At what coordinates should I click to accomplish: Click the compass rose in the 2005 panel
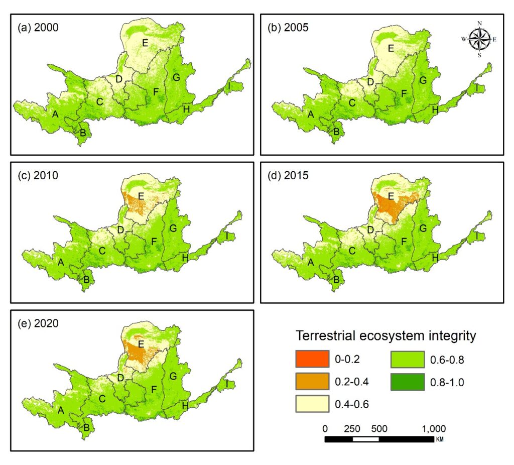pyautogui.click(x=479, y=39)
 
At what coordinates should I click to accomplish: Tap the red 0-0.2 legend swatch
pyautogui.click(x=312, y=359)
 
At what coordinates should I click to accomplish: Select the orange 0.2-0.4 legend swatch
pyautogui.click(x=312, y=381)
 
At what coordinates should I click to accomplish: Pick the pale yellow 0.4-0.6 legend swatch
pyautogui.click(x=312, y=404)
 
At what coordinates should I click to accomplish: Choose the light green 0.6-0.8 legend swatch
pyautogui.click(x=408, y=360)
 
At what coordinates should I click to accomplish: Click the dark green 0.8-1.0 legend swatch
pyautogui.click(x=408, y=382)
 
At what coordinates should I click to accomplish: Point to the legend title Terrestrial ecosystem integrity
pyautogui.click(x=386, y=336)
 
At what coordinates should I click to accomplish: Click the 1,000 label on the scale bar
pyautogui.click(x=434, y=429)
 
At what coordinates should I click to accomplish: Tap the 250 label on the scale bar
pyautogui.click(x=352, y=429)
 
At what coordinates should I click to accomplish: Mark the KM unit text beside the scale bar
pyautogui.click(x=440, y=439)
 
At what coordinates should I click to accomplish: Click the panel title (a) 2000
pyautogui.click(x=38, y=27)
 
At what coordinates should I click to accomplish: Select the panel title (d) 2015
pyautogui.click(x=288, y=175)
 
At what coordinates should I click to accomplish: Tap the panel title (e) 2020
pyautogui.click(x=38, y=323)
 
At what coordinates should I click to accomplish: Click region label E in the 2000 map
pyautogui.click(x=145, y=43)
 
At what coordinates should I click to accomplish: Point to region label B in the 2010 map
pyautogui.click(x=86, y=280)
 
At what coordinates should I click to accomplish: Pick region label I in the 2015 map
pyautogui.click(x=477, y=236)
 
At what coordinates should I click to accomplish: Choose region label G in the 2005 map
pyautogui.click(x=423, y=80)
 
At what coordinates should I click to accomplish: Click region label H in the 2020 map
pyautogui.click(x=185, y=406)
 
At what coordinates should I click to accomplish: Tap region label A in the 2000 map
pyautogui.click(x=55, y=114)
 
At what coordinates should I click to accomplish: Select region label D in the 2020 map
pyautogui.click(x=120, y=378)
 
